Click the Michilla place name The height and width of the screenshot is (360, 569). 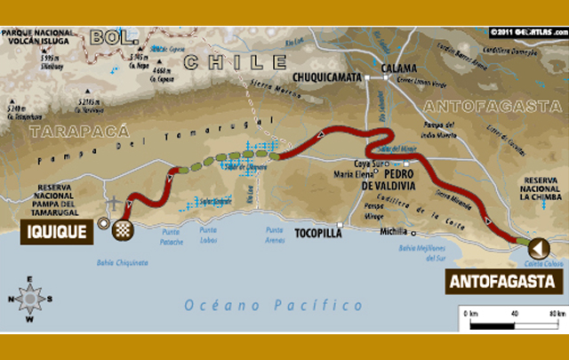[x=394, y=232]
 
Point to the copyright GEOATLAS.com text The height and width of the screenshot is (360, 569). [x=526, y=32]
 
